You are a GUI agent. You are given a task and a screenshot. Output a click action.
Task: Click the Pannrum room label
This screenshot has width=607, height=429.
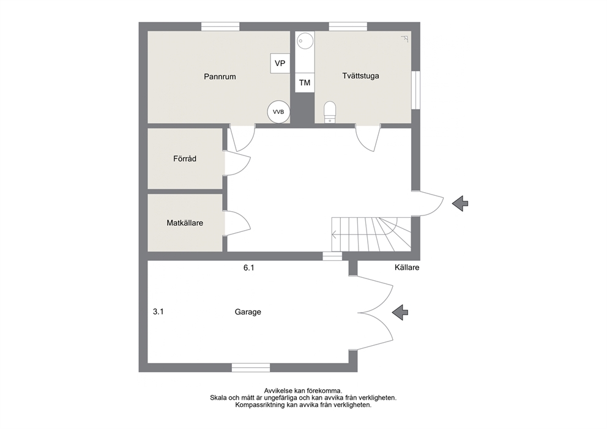tap(220, 76)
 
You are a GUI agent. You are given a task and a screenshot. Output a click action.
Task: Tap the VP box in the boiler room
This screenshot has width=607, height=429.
tap(280, 63)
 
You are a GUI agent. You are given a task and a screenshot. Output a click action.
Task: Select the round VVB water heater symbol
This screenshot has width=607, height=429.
tap(278, 112)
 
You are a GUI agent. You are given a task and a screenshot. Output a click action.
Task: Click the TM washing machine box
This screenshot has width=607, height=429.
tap(305, 83)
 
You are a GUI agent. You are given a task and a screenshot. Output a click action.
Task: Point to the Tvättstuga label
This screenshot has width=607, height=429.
tap(360, 76)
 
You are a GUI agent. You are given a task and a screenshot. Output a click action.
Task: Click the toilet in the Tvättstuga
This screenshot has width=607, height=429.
tap(330, 112)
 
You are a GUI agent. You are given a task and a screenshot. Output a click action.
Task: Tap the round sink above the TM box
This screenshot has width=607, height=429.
tap(305, 40)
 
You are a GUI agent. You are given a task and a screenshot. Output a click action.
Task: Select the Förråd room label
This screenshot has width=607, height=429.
tap(185, 159)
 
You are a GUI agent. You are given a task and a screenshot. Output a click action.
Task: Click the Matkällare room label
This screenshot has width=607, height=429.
tap(185, 223)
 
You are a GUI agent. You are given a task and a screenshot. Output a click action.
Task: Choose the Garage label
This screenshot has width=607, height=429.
tap(248, 311)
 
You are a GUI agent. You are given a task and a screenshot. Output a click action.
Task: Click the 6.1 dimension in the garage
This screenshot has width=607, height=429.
tap(249, 267)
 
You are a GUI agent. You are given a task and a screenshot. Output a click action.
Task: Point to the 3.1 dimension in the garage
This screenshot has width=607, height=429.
tap(158, 311)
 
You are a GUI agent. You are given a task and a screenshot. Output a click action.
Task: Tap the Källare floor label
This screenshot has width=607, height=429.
tap(407, 267)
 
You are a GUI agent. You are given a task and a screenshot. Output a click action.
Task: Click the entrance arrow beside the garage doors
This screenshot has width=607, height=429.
tap(400, 312)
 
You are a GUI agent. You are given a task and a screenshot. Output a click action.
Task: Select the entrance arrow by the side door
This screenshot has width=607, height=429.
tap(460, 203)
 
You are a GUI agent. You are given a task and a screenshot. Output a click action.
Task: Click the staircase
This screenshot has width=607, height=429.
tap(371, 234)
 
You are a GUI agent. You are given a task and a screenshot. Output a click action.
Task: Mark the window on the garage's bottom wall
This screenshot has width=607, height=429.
tap(251, 367)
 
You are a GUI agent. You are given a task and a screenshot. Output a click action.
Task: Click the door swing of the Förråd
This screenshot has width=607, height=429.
tap(237, 163)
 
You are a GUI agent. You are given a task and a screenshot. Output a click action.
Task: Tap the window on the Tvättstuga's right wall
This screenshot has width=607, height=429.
tap(415, 90)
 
